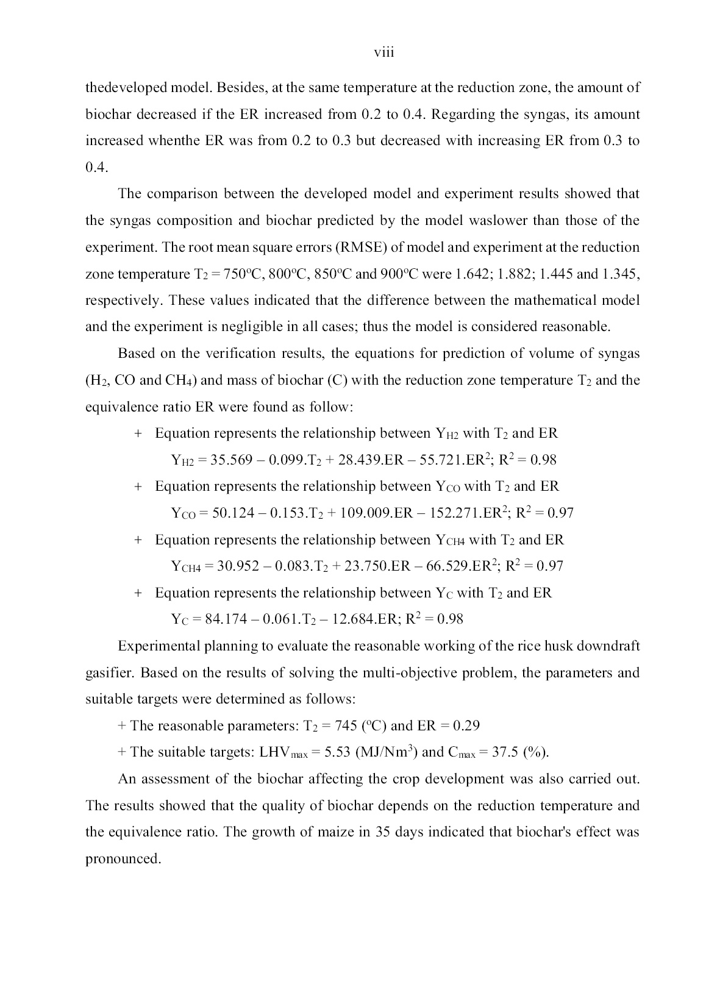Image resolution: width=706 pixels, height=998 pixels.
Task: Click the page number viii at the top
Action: click(x=384, y=53)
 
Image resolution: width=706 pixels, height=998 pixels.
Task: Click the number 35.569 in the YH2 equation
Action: click(x=231, y=460)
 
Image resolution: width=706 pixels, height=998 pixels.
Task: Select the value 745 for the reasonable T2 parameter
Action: click(x=346, y=725)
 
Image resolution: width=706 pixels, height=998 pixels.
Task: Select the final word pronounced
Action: click(x=123, y=859)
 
